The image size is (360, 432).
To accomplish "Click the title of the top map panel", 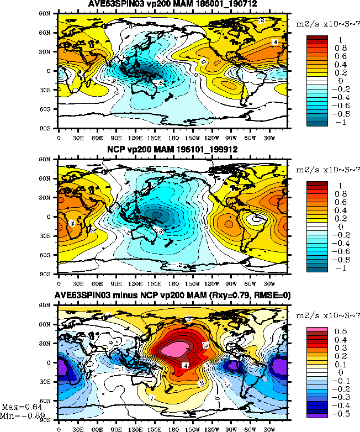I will [172, 5].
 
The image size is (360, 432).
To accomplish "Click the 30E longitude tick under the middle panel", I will [78, 281].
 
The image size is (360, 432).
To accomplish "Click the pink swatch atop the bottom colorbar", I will [317, 330].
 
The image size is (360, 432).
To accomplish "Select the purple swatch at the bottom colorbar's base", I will [317, 414].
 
